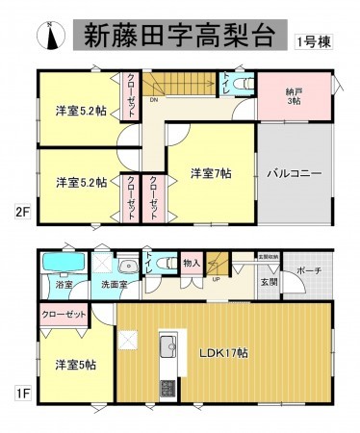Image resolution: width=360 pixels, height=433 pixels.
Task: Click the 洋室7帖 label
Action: point(209,173)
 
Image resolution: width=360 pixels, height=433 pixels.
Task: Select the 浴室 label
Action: point(64,285)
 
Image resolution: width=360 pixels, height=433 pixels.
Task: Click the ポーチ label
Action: point(309,269)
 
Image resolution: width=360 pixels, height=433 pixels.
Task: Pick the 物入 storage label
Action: point(191,262)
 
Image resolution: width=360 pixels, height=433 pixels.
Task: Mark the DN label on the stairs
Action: point(153,98)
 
